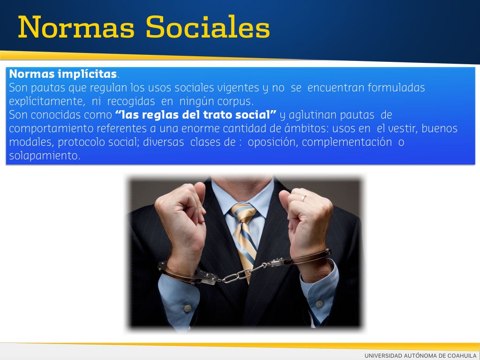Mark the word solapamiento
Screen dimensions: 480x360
[x=45, y=156]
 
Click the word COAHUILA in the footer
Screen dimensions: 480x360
[x=462, y=355]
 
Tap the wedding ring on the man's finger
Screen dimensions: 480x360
[x=303, y=198]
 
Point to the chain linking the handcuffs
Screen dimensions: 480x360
[x=242, y=273]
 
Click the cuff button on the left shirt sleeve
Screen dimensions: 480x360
[x=186, y=307]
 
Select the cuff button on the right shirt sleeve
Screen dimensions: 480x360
[x=319, y=304]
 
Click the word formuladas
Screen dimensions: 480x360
[x=396, y=88]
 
